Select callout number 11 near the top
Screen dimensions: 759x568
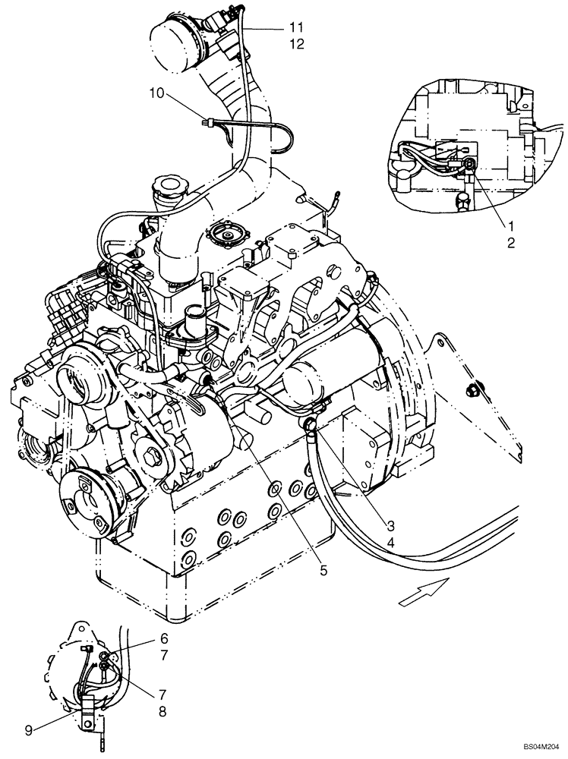tap(295, 27)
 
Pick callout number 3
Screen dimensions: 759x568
tap(390, 525)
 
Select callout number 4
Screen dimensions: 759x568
tap(390, 543)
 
